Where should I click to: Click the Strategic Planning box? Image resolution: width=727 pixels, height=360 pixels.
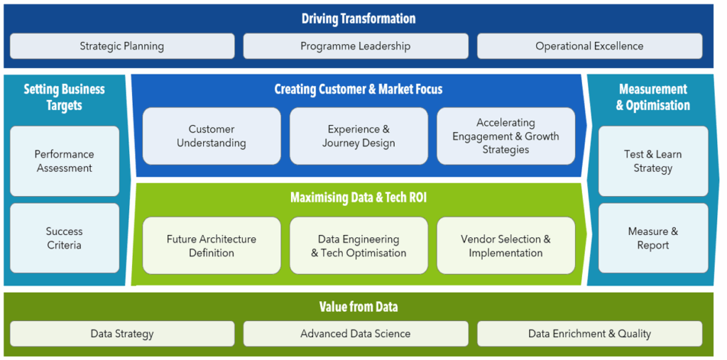(x=122, y=46)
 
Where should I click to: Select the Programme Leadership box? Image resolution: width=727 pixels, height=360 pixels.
(x=355, y=46)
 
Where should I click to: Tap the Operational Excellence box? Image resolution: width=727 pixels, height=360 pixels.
(x=589, y=46)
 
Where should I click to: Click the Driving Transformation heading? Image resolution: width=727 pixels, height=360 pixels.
(x=359, y=18)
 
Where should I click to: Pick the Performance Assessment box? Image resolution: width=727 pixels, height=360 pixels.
(x=65, y=161)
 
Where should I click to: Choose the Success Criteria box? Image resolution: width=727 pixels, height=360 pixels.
(x=65, y=239)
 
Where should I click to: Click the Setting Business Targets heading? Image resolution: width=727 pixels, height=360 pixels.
(x=64, y=97)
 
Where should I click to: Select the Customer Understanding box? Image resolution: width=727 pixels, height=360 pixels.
(x=212, y=136)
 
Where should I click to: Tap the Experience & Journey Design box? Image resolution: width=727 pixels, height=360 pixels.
(x=359, y=136)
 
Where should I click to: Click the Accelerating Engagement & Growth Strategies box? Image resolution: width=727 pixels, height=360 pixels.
(x=505, y=136)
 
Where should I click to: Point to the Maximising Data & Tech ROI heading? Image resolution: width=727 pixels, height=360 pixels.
(x=359, y=197)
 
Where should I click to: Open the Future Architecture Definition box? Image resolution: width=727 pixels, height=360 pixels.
(x=212, y=246)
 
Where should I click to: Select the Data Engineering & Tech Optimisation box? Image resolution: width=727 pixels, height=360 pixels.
(x=359, y=246)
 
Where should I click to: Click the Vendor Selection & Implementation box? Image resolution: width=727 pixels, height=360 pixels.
(x=505, y=246)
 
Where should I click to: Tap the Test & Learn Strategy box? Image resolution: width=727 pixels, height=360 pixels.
(x=653, y=161)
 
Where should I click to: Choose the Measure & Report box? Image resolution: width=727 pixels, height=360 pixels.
(x=653, y=239)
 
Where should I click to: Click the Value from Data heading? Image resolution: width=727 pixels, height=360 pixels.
(x=359, y=307)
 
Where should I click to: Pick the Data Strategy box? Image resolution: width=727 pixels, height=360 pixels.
(x=122, y=334)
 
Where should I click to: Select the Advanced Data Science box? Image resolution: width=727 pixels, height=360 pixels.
(x=355, y=334)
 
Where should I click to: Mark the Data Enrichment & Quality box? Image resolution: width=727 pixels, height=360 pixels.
(x=589, y=334)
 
